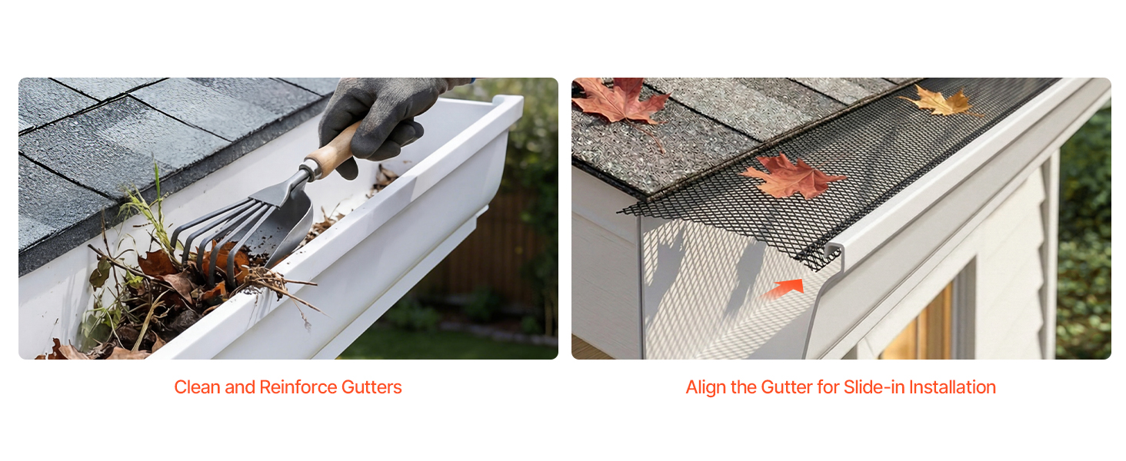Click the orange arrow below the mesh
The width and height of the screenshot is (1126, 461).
(x=785, y=288)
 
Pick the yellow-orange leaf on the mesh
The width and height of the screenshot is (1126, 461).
(x=939, y=101)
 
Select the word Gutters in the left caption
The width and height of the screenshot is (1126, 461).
(x=371, y=387)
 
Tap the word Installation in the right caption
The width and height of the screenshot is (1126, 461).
(x=953, y=387)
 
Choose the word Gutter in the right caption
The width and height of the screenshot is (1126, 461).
(x=787, y=387)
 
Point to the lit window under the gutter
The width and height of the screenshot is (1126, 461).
(x=919, y=327)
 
